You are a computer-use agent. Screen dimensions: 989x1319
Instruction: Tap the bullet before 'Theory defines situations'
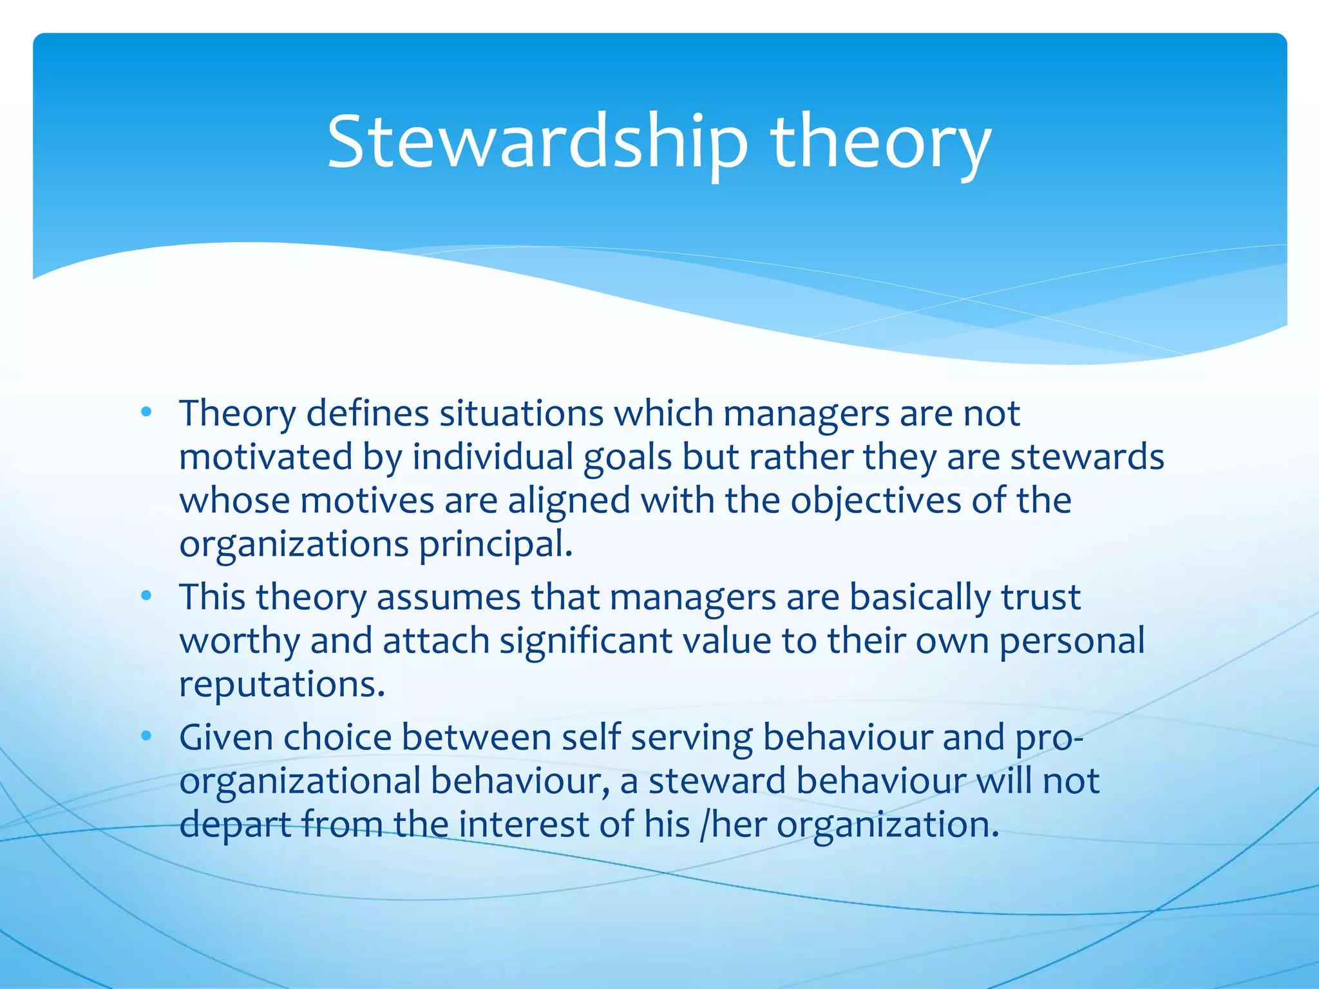[x=146, y=411]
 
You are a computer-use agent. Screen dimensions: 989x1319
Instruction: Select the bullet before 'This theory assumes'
[x=146, y=596]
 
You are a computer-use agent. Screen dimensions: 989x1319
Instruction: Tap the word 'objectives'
[x=875, y=501]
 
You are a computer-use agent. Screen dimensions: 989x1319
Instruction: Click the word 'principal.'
[x=495, y=545]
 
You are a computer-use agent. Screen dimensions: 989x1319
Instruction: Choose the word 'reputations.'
[x=282, y=684]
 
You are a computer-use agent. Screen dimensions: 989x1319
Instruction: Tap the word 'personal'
[x=1072, y=641]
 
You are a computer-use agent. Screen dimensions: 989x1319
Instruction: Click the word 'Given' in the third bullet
[x=226, y=737]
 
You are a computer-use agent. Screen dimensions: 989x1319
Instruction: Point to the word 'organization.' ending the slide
[x=888, y=824]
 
